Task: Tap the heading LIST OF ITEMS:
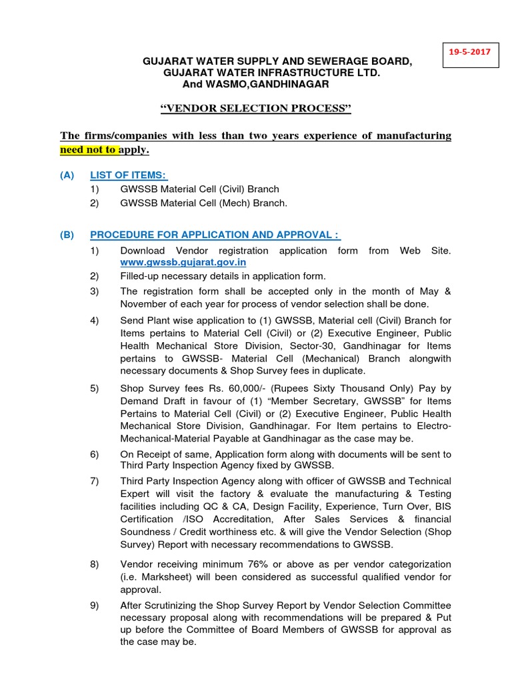point(129,175)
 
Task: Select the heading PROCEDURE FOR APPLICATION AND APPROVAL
point(215,235)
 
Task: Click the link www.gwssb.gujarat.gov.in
point(183,262)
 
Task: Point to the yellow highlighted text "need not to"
point(89,149)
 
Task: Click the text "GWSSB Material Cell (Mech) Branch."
point(203,203)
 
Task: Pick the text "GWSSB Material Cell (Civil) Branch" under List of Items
point(199,189)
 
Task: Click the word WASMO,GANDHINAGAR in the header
point(267,85)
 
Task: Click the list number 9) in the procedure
point(94,605)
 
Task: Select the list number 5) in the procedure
point(94,388)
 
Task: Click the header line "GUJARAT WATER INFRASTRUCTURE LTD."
point(271,73)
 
